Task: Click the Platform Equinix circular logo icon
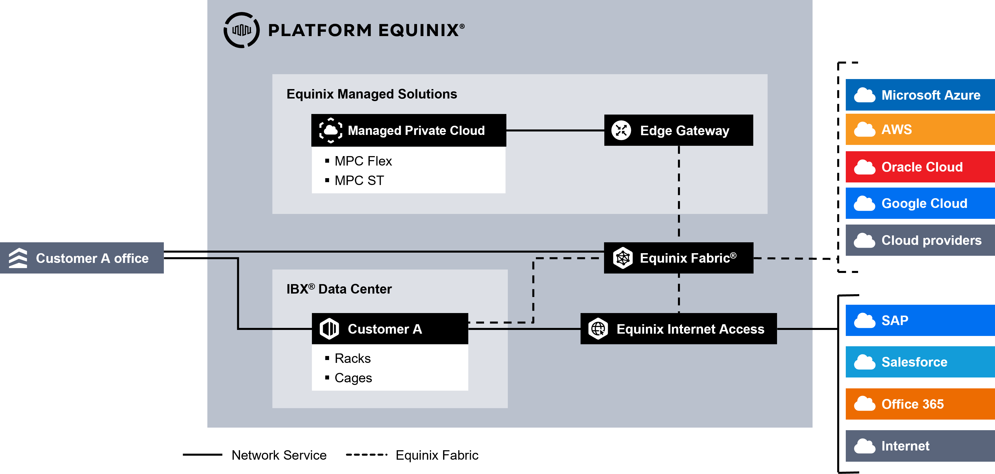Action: point(241,30)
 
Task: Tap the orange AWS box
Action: point(920,129)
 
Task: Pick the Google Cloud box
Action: point(920,203)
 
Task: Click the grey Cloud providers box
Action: point(920,240)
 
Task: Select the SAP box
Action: point(920,320)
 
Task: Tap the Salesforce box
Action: point(920,362)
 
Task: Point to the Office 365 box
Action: point(920,404)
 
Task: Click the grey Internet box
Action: point(920,446)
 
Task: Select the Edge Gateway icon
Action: point(621,130)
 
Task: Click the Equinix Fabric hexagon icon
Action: point(623,258)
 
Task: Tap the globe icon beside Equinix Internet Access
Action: point(598,329)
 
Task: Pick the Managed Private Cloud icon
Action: point(331,130)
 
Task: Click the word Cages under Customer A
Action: point(353,378)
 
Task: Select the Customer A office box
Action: point(82,258)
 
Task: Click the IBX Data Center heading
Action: point(339,289)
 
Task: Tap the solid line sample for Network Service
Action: point(202,455)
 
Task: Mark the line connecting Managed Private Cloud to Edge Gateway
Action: point(555,130)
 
